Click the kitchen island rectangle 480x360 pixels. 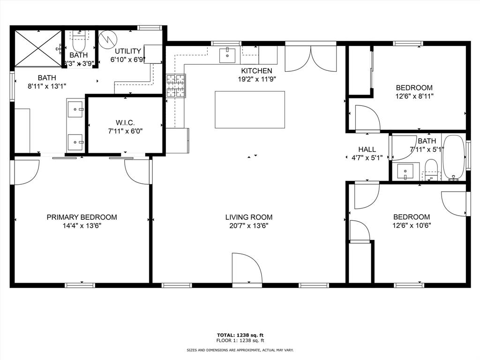coord(250,109)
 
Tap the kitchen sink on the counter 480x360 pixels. coord(228,54)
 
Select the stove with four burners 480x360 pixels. coord(176,86)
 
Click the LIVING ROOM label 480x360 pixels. coord(248,217)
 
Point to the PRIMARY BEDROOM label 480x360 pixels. coord(82,217)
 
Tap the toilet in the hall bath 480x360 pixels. coord(431,169)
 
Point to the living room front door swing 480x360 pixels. coord(247,269)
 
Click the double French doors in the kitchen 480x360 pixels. coord(311,59)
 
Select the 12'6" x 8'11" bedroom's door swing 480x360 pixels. coord(367,118)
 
